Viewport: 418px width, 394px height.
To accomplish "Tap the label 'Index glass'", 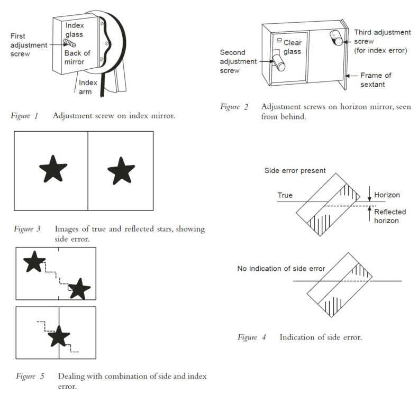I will click(75, 30).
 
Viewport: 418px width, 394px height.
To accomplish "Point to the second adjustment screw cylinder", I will click(278, 62).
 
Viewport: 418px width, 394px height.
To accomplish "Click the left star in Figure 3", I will click(53, 169).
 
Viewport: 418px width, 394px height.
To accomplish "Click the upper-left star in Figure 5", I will click(34, 262).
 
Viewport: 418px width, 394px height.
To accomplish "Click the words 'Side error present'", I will click(295, 171).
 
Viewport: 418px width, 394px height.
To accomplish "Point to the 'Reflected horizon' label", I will click(389, 216).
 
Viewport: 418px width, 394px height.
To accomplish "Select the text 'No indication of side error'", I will click(281, 269).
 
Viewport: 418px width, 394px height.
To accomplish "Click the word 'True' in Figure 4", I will click(286, 195).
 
